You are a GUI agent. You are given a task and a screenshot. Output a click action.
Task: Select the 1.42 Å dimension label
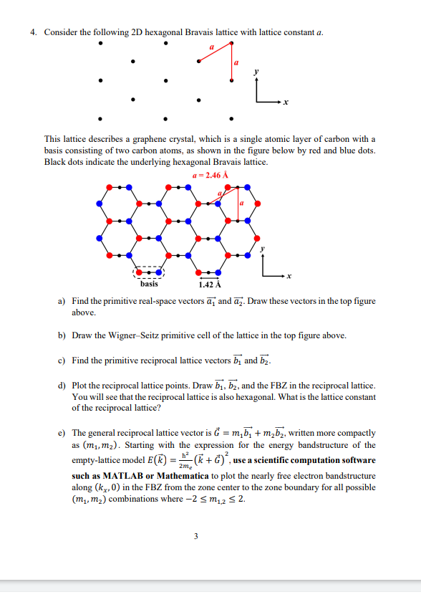coord(208,285)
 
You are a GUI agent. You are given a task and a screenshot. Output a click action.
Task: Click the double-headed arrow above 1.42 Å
coord(208,278)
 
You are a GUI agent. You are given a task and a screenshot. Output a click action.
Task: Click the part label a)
coord(61,301)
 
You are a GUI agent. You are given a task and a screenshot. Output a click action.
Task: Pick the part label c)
coord(61,360)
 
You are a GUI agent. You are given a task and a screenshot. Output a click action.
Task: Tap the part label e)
coord(61,434)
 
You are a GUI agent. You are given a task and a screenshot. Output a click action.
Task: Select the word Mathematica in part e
coord(175,474)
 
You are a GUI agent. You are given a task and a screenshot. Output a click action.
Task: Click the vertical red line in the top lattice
coord(231,60)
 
